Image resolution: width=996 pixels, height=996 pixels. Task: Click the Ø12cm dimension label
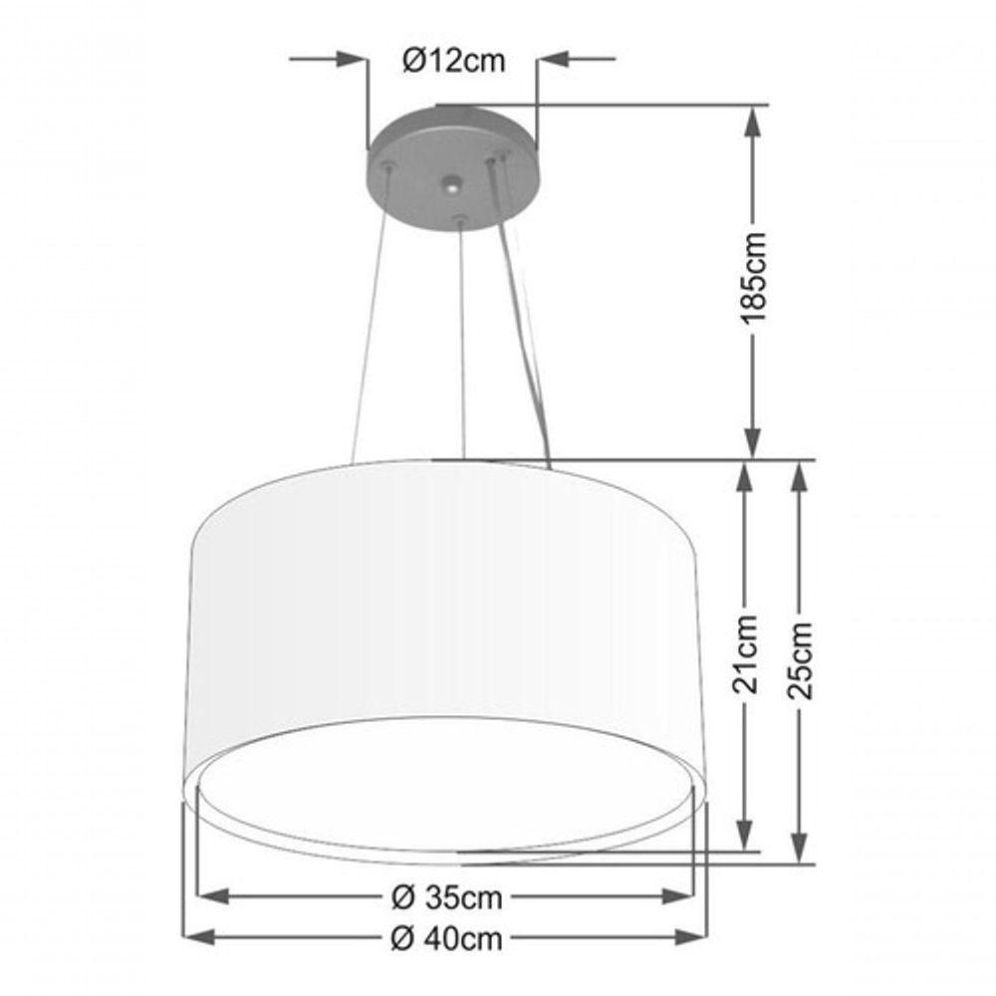click(453, 61)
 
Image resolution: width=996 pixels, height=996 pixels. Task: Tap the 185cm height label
click(755, 276)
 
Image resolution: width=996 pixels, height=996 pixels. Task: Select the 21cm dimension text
click(747, 653)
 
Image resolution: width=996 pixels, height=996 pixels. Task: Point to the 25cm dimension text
click(803, 659)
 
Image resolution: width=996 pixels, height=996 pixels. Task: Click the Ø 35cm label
click(445, 897)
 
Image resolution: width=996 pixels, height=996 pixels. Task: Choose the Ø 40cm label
click(445, 937)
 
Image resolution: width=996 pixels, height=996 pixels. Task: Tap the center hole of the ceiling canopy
click(453, 185)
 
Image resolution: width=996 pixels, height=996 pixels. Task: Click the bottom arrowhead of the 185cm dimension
click(755, 445)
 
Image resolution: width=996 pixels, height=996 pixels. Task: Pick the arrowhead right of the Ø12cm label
click(554, 60)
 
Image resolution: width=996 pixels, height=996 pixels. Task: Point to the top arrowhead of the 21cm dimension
click(745, 475)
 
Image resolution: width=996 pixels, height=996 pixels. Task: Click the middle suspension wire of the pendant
click(461, 339)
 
